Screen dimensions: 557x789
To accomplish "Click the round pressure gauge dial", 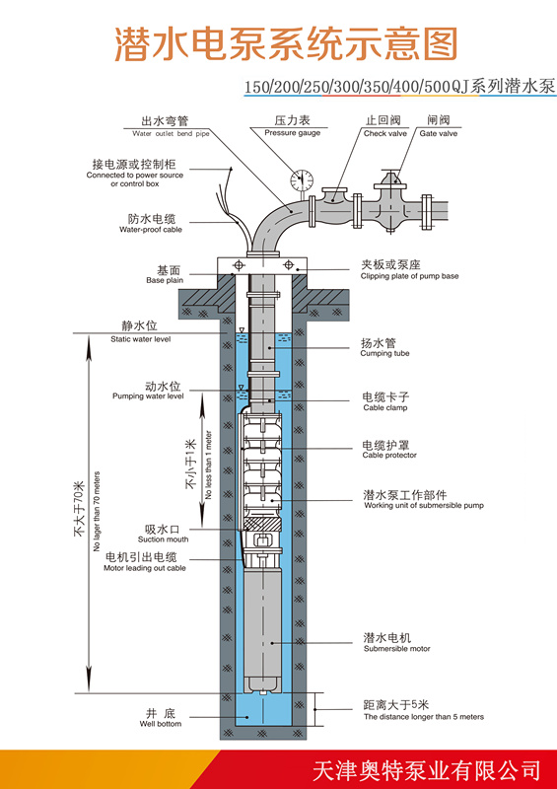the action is pyautogui.click(x=302, y=179).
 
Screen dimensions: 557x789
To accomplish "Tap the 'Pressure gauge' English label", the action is pyautogui.click(x=293, y=133).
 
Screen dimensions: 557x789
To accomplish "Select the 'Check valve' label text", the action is pyautogui.click(x=384, y=134).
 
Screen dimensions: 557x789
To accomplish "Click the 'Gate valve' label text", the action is pyautogui.click(x=439, y=134).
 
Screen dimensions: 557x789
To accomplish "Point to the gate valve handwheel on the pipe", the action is pyautogui.click(x=391, y=177).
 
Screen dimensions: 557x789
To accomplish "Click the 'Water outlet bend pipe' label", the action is pyautogui.click(x=171, y=134).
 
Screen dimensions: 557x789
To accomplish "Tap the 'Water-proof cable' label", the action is pyautogui.click(x=151, y=230).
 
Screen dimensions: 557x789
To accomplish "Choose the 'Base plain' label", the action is pyautogui.click(x=165, y=280).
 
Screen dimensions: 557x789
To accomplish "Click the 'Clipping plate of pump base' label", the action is pyautogui.click(x=409, y=276).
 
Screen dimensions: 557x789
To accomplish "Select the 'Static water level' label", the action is pyautogui.click(x=140, y=339).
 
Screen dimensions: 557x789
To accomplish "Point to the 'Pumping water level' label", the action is pyautogui.click(x=148, y=396).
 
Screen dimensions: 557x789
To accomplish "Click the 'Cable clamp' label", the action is pyautogui.click(x=384, y=408).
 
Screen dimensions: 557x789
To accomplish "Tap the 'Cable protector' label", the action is pyautogui.click(x=389, y=456).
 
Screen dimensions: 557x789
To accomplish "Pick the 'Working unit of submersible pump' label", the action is pyautogui.click(x=424, y=506).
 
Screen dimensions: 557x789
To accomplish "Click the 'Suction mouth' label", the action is pyautogui.click(x=163, y=539).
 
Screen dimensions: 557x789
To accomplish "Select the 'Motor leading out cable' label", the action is pyautogui.click(x=144, y=569).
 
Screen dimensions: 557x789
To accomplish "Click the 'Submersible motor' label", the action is pyautogui.click(x=397, y=649).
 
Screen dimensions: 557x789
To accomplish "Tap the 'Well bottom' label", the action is pyautogui.click(x=161, y=724).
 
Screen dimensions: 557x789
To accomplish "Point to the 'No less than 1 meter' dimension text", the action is pyautogui.click(x=209, y=465).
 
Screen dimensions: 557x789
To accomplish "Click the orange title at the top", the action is pyautogui.click(x=286, y=44).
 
